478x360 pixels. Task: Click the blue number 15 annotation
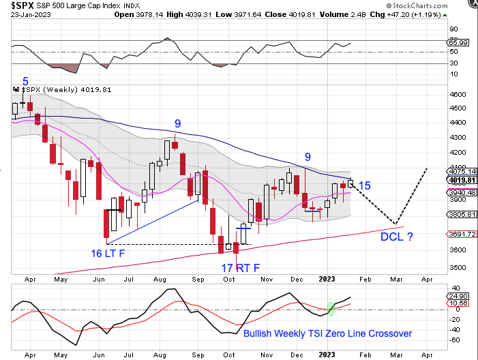click(364, 185)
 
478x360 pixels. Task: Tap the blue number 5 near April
click(26, 81)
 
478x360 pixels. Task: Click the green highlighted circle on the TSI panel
click(331, 309)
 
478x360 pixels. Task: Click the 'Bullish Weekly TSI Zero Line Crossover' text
click(327, 333)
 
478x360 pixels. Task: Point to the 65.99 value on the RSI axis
click(459, 43)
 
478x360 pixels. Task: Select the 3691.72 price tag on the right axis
click(459, 234)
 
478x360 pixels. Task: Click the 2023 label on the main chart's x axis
click(327, 279)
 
